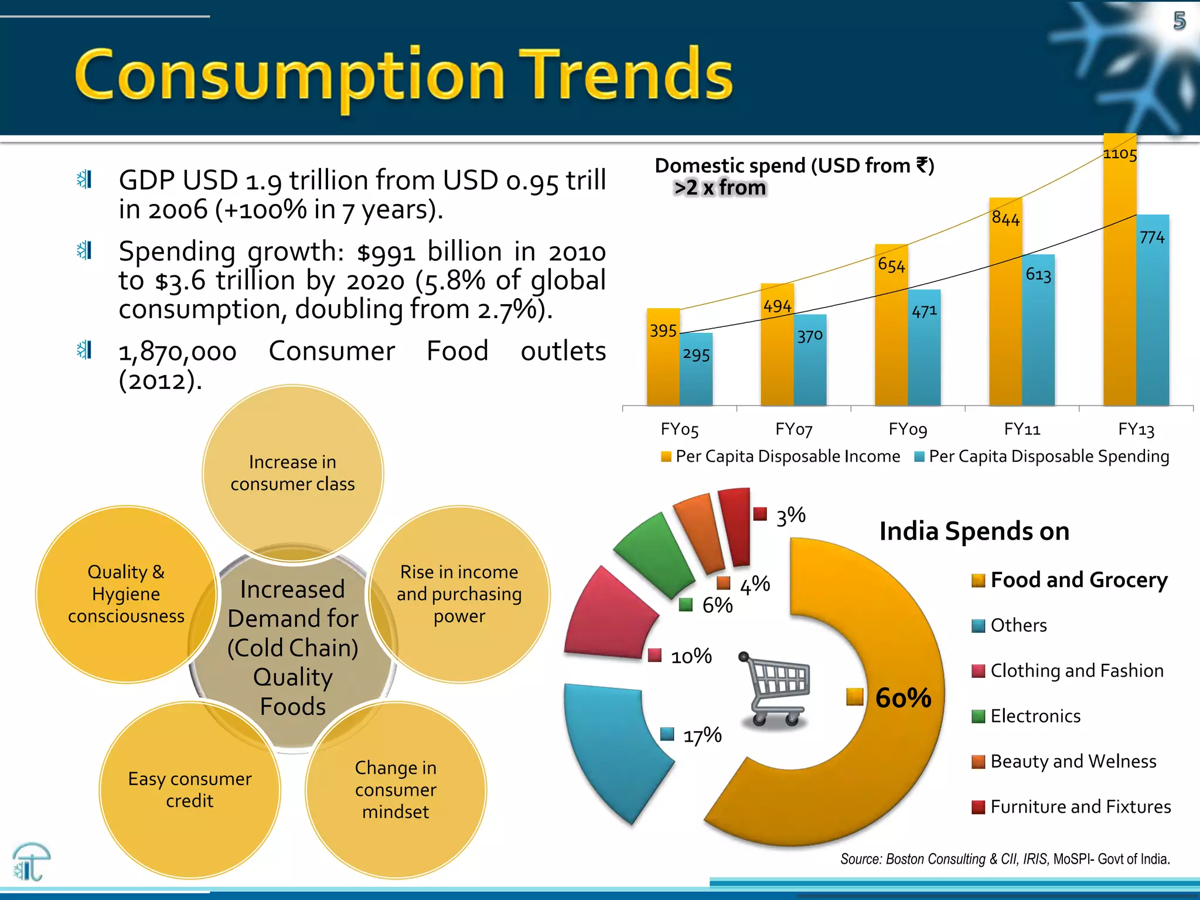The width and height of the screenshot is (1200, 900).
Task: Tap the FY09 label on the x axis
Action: click(x=908, y=429)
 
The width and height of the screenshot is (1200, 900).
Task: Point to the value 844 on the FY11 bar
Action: click(x=1005, y=219)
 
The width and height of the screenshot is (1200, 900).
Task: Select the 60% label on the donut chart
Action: click(x=903, y=698)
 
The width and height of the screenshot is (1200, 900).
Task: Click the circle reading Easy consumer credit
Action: click(x=190, y=790)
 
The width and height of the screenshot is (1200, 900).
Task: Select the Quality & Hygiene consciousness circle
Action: click(x=126, y=594)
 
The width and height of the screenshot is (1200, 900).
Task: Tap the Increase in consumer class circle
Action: click(x=292, y=473)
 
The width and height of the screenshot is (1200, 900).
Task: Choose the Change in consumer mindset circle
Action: click(x=396, y=790)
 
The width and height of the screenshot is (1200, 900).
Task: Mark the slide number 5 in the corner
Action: click(x=1179, y=21)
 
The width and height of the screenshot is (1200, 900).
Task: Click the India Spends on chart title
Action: click(x=974, y=531)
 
